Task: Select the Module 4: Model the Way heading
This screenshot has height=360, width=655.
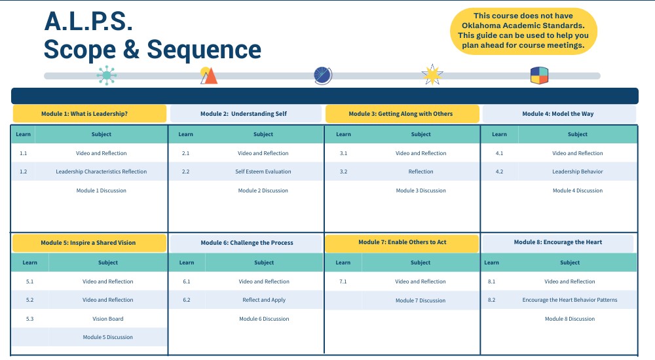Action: click(557, 114)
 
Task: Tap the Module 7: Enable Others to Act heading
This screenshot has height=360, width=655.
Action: click(402, 242)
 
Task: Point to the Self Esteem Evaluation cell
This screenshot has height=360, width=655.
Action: click(263, 171)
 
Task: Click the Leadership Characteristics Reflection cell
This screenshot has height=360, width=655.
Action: click(101, 171)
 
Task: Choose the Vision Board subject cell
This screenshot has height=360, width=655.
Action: click(107, 319)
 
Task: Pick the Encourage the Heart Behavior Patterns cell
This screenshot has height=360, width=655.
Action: click(569, 300)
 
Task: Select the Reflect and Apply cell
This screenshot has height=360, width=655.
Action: click(264, 300)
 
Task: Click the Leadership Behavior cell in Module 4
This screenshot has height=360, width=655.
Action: click(577, 171)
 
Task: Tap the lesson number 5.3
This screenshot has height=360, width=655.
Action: click(29, 319)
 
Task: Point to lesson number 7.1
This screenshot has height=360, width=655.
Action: click(343, 281)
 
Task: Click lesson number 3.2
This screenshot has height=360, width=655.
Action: click(343, 171)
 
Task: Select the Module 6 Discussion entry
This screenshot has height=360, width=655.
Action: click(264, 319)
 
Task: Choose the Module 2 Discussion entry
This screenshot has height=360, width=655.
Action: click(263, 190)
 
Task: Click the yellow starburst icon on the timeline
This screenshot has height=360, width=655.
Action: click(432, 75)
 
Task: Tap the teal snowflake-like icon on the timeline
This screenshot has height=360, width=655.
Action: click(107, 75)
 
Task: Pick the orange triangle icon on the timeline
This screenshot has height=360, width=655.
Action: click(208, 76)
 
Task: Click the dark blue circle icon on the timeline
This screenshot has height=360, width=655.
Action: click(323, 75)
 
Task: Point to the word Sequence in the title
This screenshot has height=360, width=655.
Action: click(204, 49)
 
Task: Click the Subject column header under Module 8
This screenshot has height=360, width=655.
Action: click(570, 262)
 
